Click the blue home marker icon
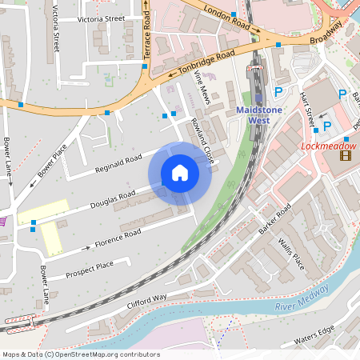(180, 173)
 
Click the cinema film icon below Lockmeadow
(345, 155)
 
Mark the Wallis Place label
(292, 253)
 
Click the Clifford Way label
(146, 302)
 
